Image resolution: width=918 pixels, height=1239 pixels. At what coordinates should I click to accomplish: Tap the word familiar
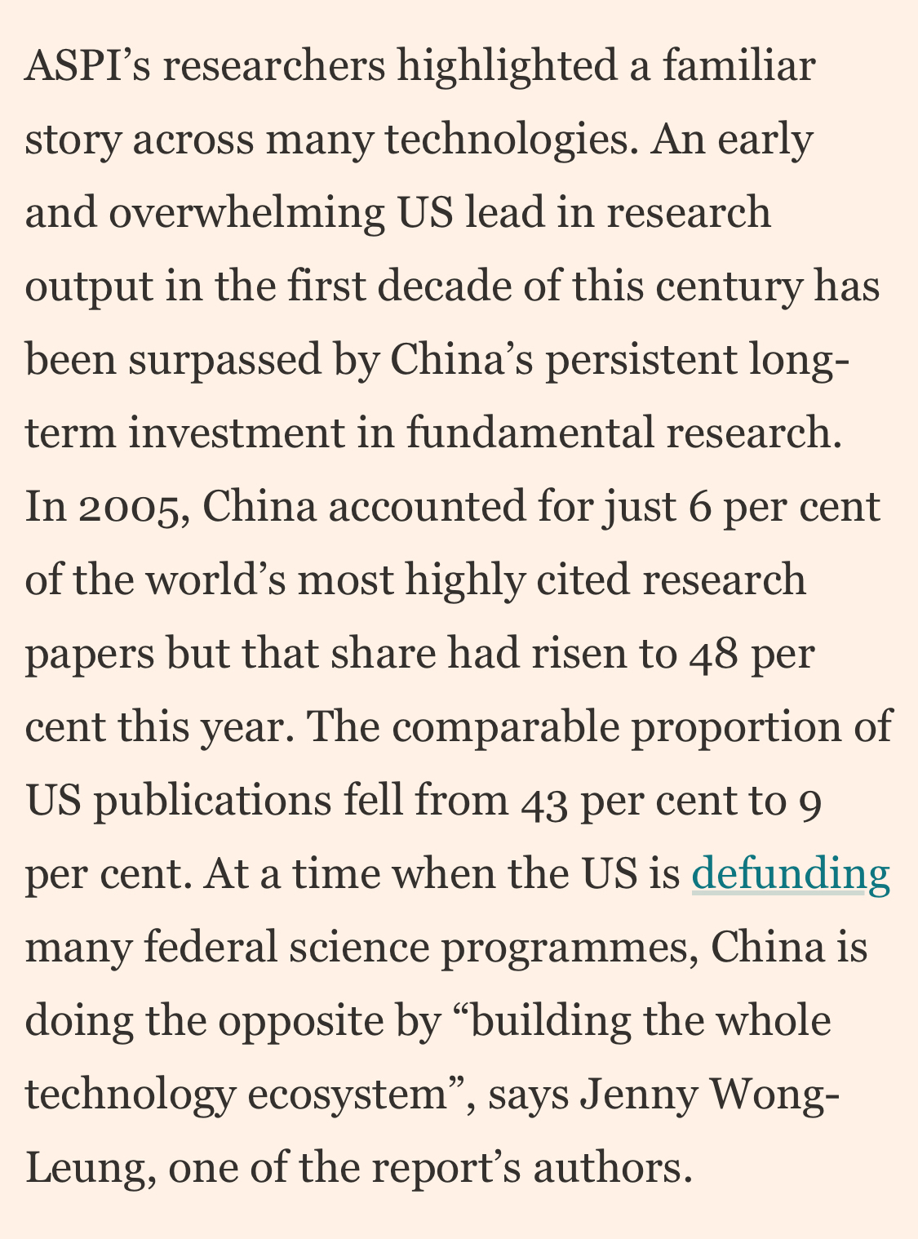click(x=738, y=67)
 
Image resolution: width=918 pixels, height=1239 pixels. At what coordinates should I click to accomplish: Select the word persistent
click(x=641, y=361)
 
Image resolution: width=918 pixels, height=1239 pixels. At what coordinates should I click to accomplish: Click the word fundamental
click(x=530, y=434)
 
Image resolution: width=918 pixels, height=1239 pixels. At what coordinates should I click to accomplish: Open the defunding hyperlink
click(x=790, y=874)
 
